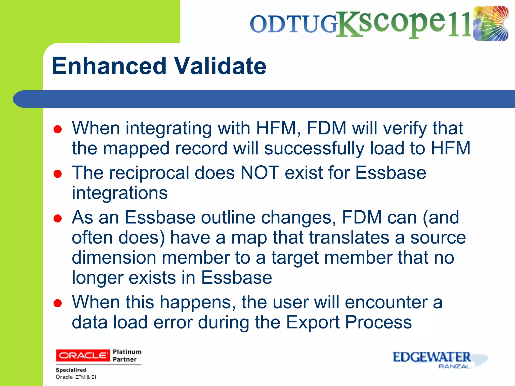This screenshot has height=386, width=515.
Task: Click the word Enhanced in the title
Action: coord(109,66)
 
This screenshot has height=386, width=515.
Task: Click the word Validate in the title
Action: coord(220,66)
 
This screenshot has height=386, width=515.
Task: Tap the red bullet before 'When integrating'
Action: coord(58,129)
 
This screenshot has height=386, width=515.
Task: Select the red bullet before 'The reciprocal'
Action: coord(58,174)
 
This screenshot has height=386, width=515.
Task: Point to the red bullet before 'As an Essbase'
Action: coord(58,218)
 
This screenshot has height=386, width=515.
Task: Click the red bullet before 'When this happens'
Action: coord(58,303)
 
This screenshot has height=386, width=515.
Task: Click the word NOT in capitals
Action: coord(260,173)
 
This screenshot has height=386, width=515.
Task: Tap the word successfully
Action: coord(314,148)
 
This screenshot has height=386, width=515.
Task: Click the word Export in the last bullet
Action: coord(313,322)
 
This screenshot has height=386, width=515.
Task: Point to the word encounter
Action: coord(386,302)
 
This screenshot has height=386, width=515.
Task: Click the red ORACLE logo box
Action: coord(83,355)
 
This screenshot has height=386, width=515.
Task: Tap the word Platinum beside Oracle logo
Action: coord(127,352)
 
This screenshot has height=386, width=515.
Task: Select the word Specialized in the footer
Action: coord(71,370)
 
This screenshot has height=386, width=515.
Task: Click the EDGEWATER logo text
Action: coord(431,357)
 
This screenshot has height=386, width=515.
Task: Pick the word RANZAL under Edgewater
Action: coord(454,366)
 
